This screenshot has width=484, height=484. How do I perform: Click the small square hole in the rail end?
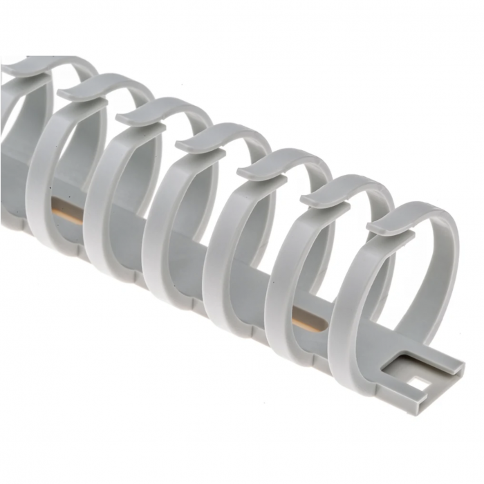[420, 380]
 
